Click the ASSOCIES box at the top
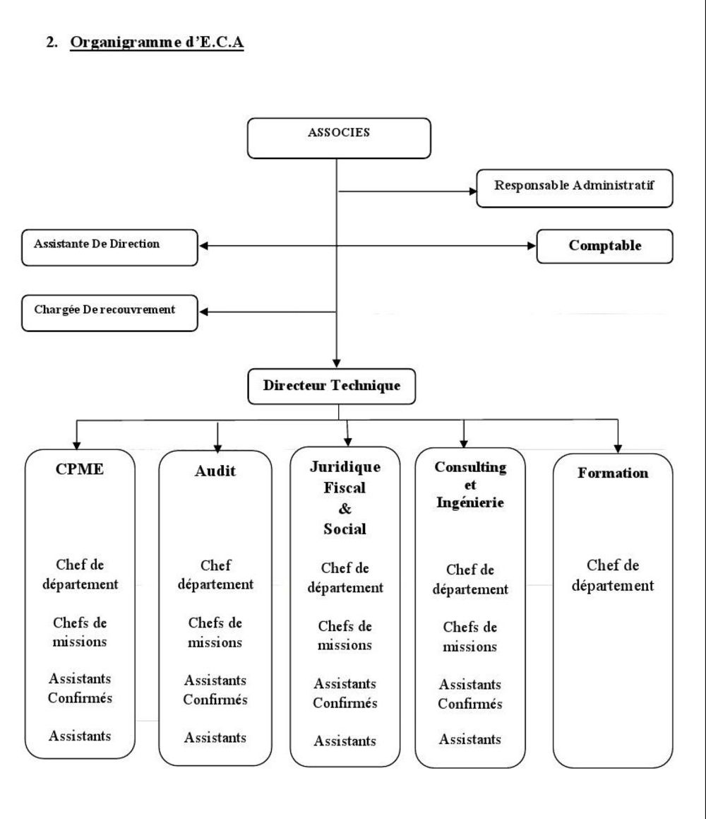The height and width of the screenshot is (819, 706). (x=339, y=139)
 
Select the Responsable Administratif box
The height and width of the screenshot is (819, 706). (x=575, y=188)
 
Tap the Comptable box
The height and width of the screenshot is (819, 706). (x=605, y=246)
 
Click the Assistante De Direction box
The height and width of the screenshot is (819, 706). (x=109, y=247)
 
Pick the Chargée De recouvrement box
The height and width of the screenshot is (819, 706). (x=109, y=313)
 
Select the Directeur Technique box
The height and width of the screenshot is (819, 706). (x=331, y=387)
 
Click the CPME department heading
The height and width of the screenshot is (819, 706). (x=79, y=469)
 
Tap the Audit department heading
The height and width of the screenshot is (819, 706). (x=215, y=471)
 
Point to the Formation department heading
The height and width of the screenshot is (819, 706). (x=613, y=473)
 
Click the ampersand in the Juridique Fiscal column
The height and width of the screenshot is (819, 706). (x=345, y=508)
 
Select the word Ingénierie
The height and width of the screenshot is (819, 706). (x=470, y=502)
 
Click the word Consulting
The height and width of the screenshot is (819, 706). (x=470, y=467)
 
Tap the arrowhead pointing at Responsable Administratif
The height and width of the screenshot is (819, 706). (x=473, y=192)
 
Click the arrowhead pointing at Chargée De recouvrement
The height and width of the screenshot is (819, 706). (x=203, y=312)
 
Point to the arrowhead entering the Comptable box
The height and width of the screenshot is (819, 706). (x=532, y=245)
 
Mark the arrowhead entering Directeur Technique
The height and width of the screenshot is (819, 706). (x=337, y=363)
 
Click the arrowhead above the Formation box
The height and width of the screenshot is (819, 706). (x=618, y=449)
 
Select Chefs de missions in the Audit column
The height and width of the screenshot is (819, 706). (x=215, y=632)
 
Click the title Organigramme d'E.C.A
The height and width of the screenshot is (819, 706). (x=157, y=42)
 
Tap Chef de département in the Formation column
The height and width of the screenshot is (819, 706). (x=613, y=575)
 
